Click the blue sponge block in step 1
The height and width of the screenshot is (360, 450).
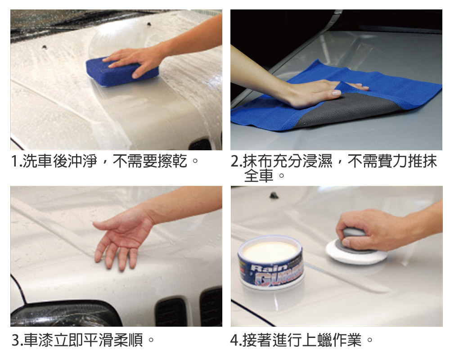[x=122, y=72]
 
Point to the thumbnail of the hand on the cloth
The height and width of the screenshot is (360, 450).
[x=336, y=93]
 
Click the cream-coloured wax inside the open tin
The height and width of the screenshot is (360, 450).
[x=270, y=252]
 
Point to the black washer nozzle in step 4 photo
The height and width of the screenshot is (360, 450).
[x=274, y=195]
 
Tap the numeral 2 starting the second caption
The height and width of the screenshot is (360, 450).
[x=234, y=161]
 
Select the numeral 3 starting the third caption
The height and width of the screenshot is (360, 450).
[x=15, y=340]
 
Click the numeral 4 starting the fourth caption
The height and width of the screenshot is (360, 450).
[x=234, y=340]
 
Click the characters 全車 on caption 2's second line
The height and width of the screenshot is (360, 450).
[x=259, y=175]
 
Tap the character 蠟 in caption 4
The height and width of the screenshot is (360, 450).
[x=325, y=340]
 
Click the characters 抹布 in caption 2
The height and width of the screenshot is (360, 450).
[x=257, y=161]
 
